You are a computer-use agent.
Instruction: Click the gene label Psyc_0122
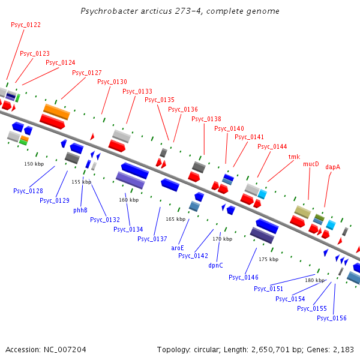pos(26,25)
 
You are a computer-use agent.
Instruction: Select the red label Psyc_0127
pos(87,73)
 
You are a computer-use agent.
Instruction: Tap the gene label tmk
pos(294,157)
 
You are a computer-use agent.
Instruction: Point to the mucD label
pos(311,164)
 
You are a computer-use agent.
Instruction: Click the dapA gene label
pos(332,167)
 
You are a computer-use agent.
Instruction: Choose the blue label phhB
pos(80,210)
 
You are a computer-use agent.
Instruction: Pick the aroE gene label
pos(178,247)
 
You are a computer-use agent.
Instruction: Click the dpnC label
pos(215,265)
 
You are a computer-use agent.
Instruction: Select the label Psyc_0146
pos(244,277)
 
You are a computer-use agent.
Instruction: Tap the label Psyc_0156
pos(332,318)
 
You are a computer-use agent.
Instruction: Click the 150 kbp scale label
pos(34,164)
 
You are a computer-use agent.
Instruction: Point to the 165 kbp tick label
pos(176,219)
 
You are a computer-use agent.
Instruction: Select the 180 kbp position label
pos(315,280)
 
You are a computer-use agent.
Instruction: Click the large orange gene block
pos(57,112)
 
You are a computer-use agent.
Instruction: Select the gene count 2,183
pos(342,349)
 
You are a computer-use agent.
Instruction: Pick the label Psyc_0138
pos(206,119)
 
